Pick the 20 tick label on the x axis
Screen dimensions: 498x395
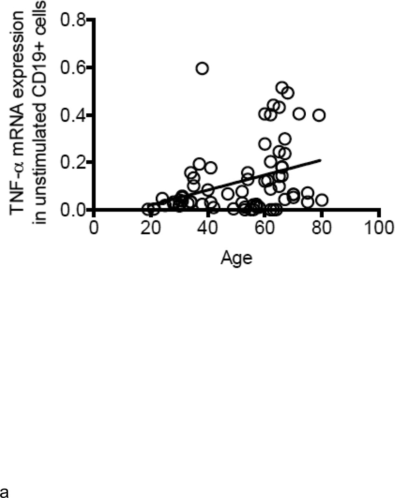tap(151, 225)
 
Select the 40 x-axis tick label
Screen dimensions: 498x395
tap(208, 225)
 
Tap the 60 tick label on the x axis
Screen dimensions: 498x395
tap(265, 225)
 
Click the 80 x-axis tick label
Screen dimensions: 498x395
tap(322, 225)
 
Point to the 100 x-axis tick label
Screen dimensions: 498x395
tap(378, 225)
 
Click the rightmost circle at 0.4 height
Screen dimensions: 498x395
tap(319, 115)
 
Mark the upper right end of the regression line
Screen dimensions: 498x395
tap(321, 160)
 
